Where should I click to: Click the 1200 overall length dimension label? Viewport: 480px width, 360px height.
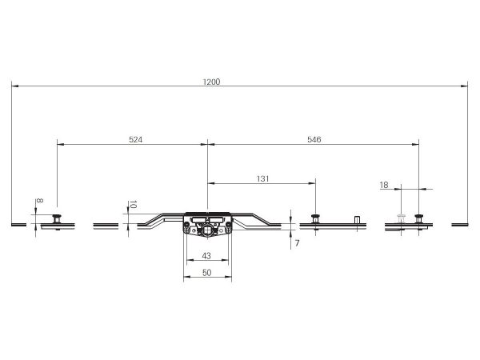click(211, 82)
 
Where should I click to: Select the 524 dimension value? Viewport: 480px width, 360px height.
click(136, 139)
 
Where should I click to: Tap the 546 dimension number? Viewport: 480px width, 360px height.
click(314, 139)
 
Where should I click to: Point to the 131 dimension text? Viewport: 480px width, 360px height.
click(262, 178)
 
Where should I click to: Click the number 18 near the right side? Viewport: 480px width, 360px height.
click(384, 185)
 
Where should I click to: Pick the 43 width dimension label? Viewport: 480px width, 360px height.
click(206, 256)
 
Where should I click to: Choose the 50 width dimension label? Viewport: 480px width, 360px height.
click(207, 273)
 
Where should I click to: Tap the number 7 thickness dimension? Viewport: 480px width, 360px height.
click(297, 243)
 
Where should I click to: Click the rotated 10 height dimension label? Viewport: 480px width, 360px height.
click(133, 205)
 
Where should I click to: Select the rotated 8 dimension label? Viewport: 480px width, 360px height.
click(39, 201)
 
